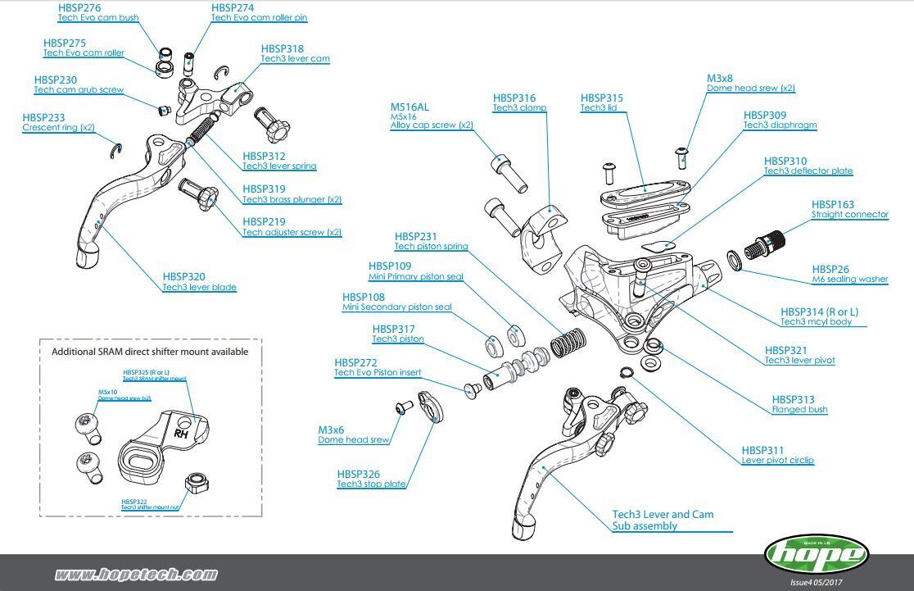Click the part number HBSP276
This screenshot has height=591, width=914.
(79, 7)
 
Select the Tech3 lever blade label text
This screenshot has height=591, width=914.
(199, 287)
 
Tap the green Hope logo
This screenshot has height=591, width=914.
(816, 555)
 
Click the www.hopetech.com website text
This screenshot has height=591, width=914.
(136, 575)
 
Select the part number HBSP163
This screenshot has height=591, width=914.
(832, 204)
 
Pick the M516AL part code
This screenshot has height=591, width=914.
(409, 107)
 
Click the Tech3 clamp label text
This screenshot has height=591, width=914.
(519, 107)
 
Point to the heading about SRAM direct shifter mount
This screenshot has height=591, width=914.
(150, 352)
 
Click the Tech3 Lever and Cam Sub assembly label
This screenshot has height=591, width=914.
(663, 521)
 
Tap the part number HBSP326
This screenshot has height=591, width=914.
(359, 474)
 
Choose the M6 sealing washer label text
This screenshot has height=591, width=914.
(849, 279)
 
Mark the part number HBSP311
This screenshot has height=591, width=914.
(762, 450)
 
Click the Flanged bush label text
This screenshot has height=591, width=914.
(799, 409)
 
